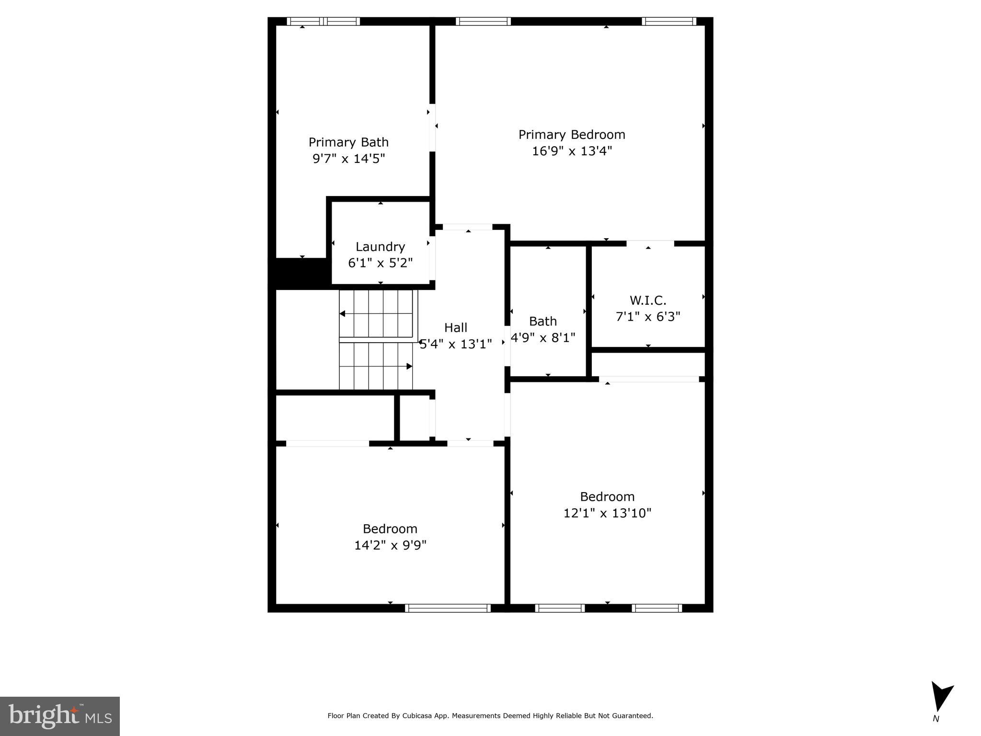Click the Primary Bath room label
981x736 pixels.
click(348, 142)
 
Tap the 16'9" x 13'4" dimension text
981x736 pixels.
click(572, 151)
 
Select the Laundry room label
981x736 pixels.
click(380, 247)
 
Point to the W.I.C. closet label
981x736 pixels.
click(648, 300)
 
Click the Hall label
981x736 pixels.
click(455, 328)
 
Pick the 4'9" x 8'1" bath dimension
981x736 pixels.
click(543, 338)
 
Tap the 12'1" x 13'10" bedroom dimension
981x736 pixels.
click(607, 513)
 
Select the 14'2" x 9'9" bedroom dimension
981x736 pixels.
click(390, 545)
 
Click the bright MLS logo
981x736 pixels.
click(60, 716)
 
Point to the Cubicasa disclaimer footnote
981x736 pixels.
click(490, 716)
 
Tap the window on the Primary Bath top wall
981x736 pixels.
click(323, 21)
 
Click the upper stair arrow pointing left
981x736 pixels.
click(343, 314)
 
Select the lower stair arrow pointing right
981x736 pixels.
click(409, 367)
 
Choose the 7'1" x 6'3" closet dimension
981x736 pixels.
click(648, 317)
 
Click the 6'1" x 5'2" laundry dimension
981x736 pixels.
click(380, 263)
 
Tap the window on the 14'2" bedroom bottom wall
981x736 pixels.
click(448, 608)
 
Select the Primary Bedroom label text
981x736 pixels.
click(572, 135)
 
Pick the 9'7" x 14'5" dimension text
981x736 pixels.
click(348, 159)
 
